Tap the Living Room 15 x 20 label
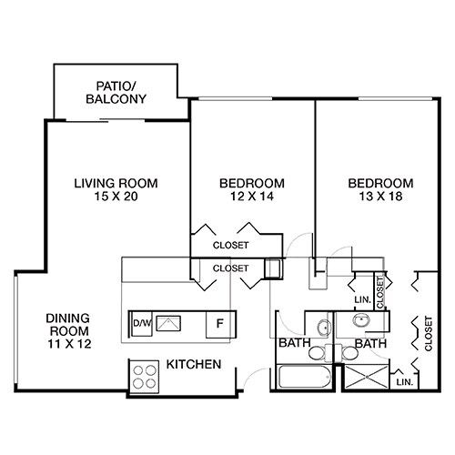[x=116, y=189]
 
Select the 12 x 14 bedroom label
[x=252, y=189]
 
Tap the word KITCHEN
[x=194, y=365]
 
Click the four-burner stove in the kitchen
[x=144, y=376]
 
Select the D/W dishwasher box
[x=141, y=322]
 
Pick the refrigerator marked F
[x=218, y=323]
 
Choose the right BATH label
[x=371, y=344]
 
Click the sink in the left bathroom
[x=321, y=325]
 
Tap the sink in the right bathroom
[x=361, y=320]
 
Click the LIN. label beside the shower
[x=405, y=382]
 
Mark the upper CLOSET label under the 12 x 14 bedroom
[x=230, y=245]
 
